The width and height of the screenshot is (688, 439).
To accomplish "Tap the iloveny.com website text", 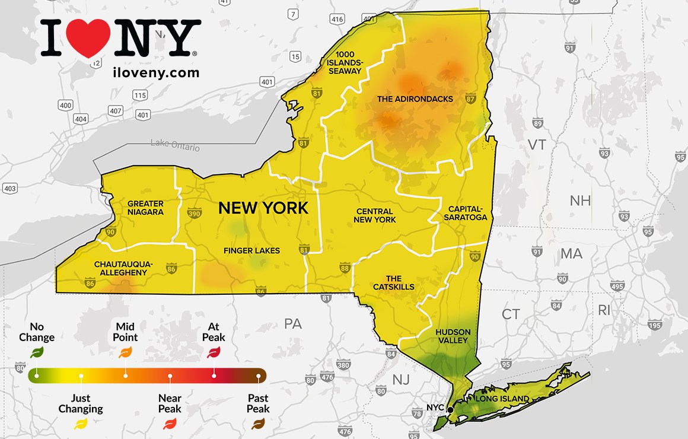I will pyautogui.click(x=155, y=73).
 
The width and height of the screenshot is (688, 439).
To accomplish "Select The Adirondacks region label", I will pyautogui.click(x=415, y=99).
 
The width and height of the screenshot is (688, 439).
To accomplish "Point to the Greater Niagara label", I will pyautogui.click(x=145, y=208).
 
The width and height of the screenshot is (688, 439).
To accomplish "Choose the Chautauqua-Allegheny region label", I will pyautogui.click(x=123, y=268).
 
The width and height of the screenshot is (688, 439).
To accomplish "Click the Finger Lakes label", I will pyautogui.click(x=251, y=250).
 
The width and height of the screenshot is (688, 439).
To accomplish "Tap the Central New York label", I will pyautogui.click(x=375, y=215).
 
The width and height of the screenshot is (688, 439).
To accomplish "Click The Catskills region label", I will pyautogui.click(x=394, y=282).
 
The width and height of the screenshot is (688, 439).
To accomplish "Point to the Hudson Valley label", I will pyautogui.click(x=453, y=336).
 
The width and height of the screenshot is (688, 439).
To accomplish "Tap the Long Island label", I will pyautogui.click(x=502, y=399).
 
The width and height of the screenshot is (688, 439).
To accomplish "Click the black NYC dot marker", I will pyautogui.click(x=450, y=409).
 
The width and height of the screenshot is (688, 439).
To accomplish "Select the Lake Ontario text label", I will pyautogui.click(x=175, y=145).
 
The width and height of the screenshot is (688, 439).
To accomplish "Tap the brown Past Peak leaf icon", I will pyautogui.click(x=258, y=424).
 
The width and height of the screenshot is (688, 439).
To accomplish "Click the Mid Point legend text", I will pyautogui.click(x=125, y=332).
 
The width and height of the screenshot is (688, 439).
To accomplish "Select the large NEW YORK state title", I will pyautogui.click(x=263, y=208).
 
